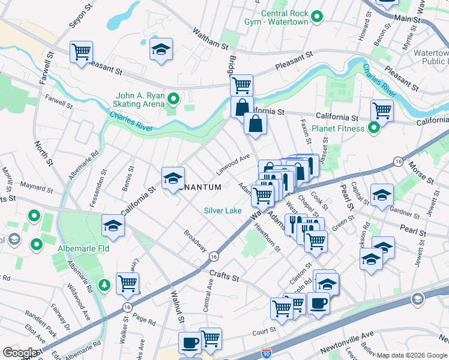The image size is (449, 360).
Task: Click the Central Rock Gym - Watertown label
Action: pyautogui.click(x=285, y=17)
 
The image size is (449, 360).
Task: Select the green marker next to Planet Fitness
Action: pyautogui.click(x=373, y=128)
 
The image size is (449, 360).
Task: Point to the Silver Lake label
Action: pyautogui.click(x=223, y=211)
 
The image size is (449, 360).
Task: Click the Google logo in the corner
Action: pyautogui.click(x=20, y=353)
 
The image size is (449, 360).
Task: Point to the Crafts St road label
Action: pyautogui.click(x=224, y=277)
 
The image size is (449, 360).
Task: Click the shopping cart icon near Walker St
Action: pyautogui.click(x=127, y=283)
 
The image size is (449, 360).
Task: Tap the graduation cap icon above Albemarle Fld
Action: pyautogui.click(x=112, y=225)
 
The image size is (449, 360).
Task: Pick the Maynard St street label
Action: pyautogui.click(x=37, y=185)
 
